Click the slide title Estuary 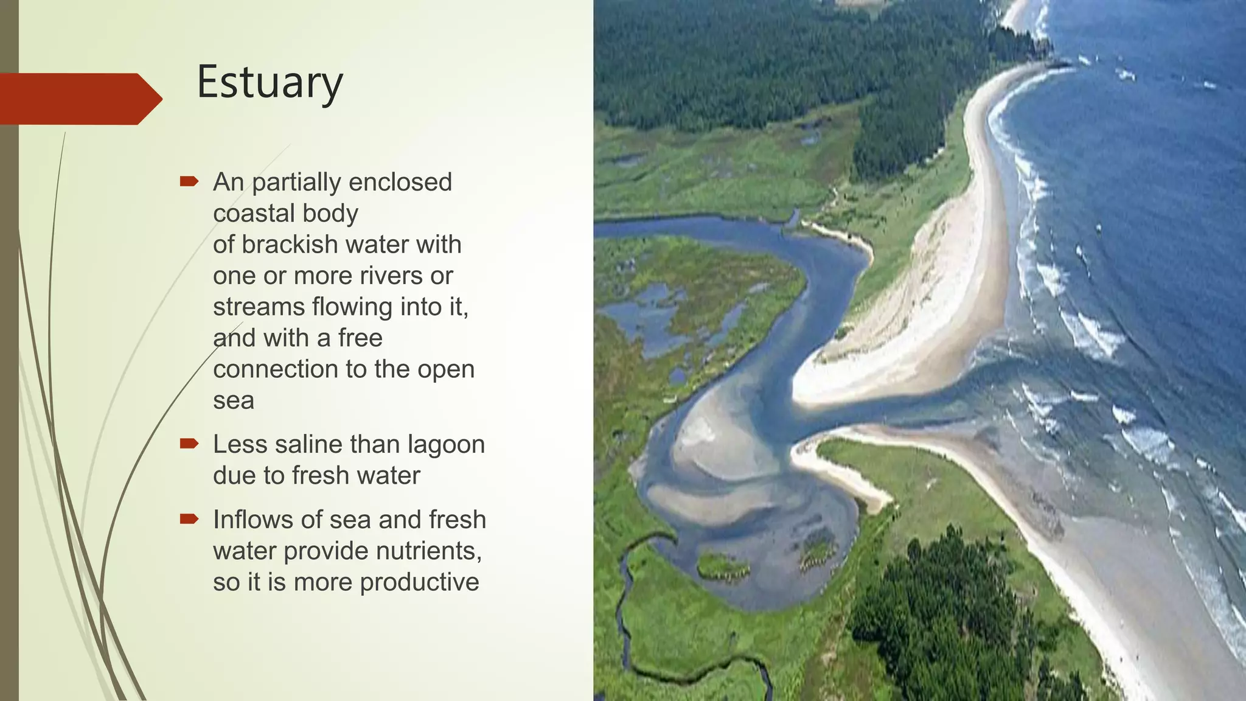click(270, 83)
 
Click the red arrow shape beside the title click(79, 99)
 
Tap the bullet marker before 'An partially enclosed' click(189, 181)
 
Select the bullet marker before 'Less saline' click(189, 444)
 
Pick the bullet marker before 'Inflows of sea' click(189, 519)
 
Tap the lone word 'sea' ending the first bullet click(234, 401)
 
